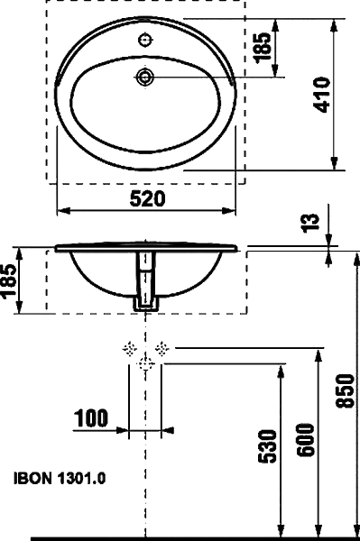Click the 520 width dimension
tap(147, 199)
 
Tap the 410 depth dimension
tap(322, 95)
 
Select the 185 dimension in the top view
tap(263, 48)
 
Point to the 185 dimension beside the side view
tap(8, 280)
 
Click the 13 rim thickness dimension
tap(311, 224)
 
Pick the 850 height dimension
tap(346, 390)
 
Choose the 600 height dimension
tap(307, 440)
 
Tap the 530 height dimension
tap(268, 445)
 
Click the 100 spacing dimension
tap(91, 417)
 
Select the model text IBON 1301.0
tap(60, 479)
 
